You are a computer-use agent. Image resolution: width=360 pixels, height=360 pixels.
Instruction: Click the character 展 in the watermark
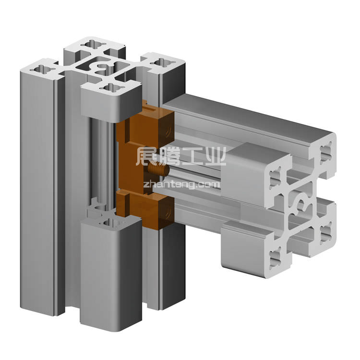coord(146,156)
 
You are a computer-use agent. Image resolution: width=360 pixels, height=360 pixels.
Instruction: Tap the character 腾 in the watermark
coord(169,156)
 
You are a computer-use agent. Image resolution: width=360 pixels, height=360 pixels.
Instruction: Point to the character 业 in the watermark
coord(215,156)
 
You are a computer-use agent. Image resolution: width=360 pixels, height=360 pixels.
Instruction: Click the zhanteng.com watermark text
coord(181,185)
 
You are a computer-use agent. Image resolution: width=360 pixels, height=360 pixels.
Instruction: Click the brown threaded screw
coord(158,169)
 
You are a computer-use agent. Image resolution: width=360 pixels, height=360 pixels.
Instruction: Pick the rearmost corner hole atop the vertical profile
coord(93,44)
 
